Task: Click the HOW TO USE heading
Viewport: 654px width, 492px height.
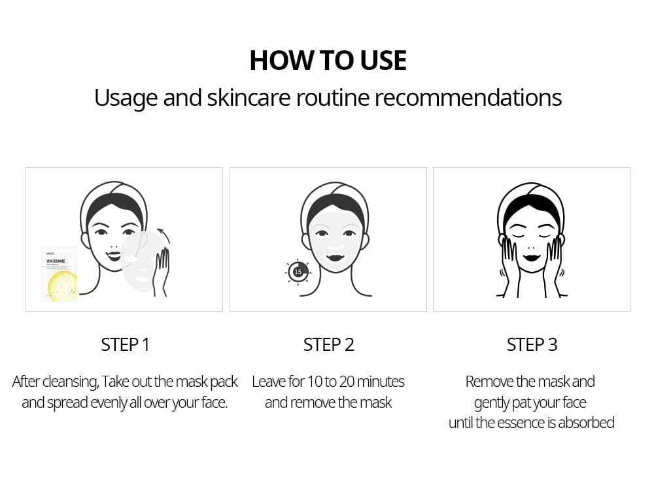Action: pos(328,60)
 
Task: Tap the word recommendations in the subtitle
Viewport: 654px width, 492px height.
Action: pos(468,98)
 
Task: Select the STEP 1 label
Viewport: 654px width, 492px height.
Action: pos(125,345)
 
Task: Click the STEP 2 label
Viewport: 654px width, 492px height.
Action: pos(328,345)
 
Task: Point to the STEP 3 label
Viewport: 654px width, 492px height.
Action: pos(532,345)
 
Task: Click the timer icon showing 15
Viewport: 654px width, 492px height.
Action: pos(298,272)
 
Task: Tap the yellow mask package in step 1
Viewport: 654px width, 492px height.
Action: pos(60,274)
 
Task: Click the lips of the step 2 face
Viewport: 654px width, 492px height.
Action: pos(336,258)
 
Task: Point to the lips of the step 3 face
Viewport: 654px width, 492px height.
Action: pos(531,257)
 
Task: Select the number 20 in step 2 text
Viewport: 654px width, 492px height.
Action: pos(346,382)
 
